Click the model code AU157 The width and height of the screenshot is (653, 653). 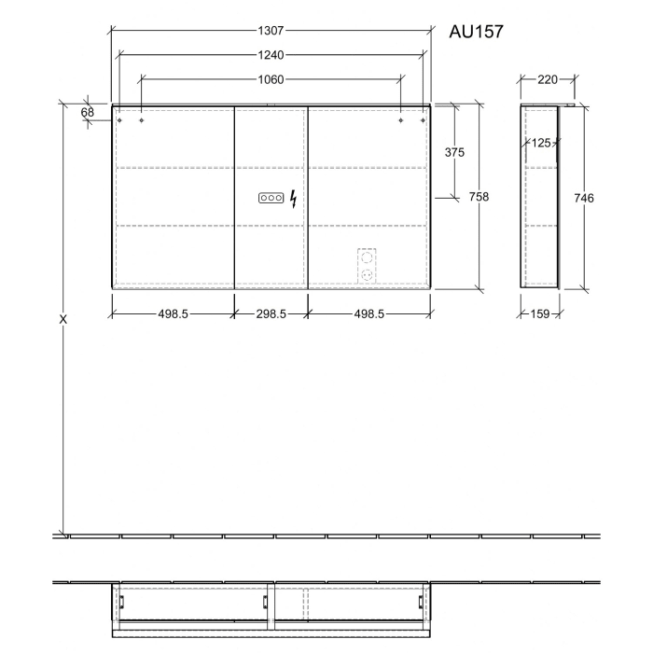tap(477, 32)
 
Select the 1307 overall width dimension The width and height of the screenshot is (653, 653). tap(271, 30)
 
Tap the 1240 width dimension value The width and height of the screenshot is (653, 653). tap(271, 55)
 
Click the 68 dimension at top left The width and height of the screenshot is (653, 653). tap(88, 112)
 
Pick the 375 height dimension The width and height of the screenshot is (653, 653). tap(454, 152)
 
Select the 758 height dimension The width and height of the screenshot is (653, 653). tap(479, 197)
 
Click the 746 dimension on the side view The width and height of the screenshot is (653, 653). tap(585, 198)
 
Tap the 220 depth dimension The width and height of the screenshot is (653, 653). tap(548, 79)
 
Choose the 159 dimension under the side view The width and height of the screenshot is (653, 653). tap(538, 314)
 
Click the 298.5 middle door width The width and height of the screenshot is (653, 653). tap(271, 314)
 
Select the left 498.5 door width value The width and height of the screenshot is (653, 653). tap(173, 314)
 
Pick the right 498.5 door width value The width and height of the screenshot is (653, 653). tap(368, 314)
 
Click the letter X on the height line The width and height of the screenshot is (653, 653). tap(63, 319)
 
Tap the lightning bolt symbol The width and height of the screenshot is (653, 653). tap(294, 198)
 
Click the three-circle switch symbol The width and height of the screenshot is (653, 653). tap(271, 198)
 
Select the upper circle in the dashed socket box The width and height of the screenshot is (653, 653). tap(367, 256)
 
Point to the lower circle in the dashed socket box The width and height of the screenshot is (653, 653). tap(367, 275)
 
